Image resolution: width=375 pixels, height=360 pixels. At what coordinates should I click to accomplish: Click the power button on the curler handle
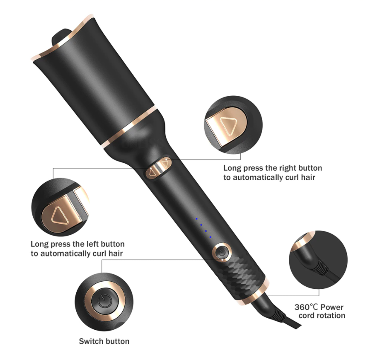222,252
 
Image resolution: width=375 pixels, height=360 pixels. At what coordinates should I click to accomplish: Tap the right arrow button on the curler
165,164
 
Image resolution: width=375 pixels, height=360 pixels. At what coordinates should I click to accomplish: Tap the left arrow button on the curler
152,173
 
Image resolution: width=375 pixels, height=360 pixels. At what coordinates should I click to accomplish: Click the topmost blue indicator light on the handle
196,219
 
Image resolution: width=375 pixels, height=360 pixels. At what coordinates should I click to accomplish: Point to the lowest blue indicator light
211,237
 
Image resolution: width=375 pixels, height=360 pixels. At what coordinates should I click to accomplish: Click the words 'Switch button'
104,341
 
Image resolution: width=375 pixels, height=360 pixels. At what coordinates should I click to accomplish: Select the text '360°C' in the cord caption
306,307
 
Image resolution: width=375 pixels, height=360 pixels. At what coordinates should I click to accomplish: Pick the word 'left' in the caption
91,244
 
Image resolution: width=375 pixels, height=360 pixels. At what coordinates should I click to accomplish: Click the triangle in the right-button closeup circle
228,127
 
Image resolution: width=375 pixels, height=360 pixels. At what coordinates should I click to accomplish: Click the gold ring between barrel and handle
130,127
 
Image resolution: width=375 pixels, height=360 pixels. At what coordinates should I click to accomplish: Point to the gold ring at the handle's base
252,292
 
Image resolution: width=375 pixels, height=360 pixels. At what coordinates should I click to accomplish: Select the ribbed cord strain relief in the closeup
322,267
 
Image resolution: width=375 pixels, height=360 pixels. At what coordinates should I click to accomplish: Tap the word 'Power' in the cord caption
332,307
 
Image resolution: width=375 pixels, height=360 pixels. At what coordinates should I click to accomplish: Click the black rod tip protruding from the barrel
61,37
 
